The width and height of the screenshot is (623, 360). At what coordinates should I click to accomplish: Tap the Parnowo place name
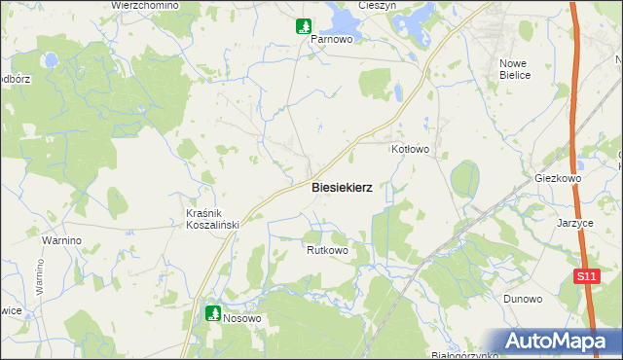pyautogui.click(x=330, y=41)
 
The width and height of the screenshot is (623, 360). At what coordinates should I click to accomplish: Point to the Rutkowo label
pyautogui.click(x=327, y=250)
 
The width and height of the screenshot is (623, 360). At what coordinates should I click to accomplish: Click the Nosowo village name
pyautogui.click(x=243, y=318)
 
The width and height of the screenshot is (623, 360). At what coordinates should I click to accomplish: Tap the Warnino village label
pyautogui.click(x=60, y=239)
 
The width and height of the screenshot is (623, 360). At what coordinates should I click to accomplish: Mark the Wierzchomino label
pyautogui.click(x=145, y=5)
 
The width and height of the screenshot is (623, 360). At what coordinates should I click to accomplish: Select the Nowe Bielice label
pyautogui.click(x=513, y=68)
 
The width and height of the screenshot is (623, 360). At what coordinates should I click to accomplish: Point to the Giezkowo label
pyautogui.click(x=558, y=179)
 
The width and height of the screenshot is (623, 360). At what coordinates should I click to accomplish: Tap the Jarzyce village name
pyautogui.click(x=575, y=222)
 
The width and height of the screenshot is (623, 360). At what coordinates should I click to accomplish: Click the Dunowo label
pyautogui.click(x=521, y=299)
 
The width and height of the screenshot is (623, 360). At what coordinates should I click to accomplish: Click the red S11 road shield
pyautogui.click(x=584, y=277)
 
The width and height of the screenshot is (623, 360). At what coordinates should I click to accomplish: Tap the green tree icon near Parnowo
pyautogui.click(x=305, y=26)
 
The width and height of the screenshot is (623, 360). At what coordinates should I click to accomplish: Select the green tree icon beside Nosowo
pyautogui.click(x=212, y=313)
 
